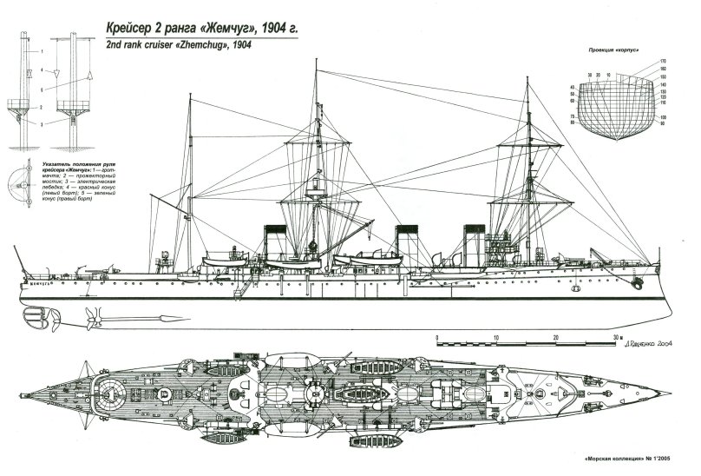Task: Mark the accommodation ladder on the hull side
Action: pos(238,288)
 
